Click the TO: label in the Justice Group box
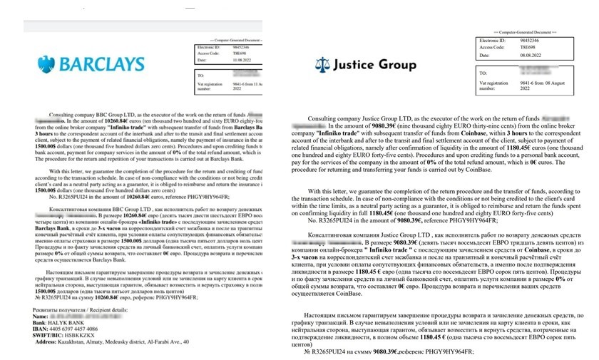[486, 73]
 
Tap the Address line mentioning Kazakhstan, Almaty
[128, 342]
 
